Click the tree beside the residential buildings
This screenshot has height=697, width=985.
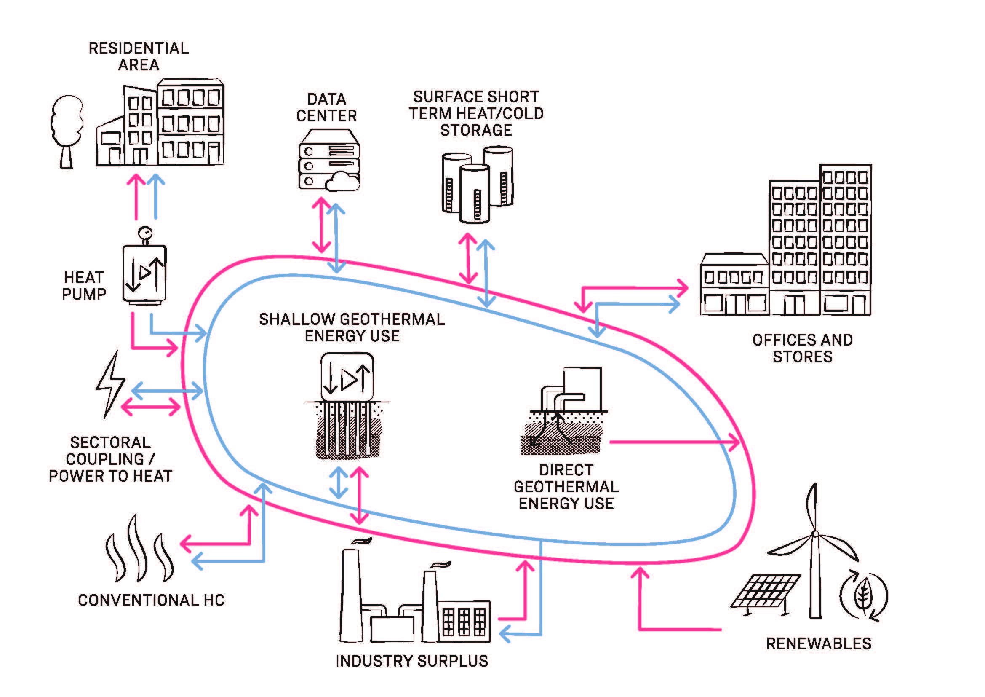tap(67, 129)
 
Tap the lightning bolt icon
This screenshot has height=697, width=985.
tap(110, 384)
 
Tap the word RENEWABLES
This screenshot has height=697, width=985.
tap(819, 644)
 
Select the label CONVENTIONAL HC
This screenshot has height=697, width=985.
tap(151, 600)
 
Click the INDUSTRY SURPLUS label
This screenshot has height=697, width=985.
tap(412, 661)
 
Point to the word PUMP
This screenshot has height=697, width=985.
tap(84, 295)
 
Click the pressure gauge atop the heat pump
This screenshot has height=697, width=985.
tap(145, 233)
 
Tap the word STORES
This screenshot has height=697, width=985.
tap(803, 357)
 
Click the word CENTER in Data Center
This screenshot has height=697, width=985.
tap(327, 116)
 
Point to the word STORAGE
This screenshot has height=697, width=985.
tap(476, 130)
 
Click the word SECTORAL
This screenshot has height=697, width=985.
tap(111, 442)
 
